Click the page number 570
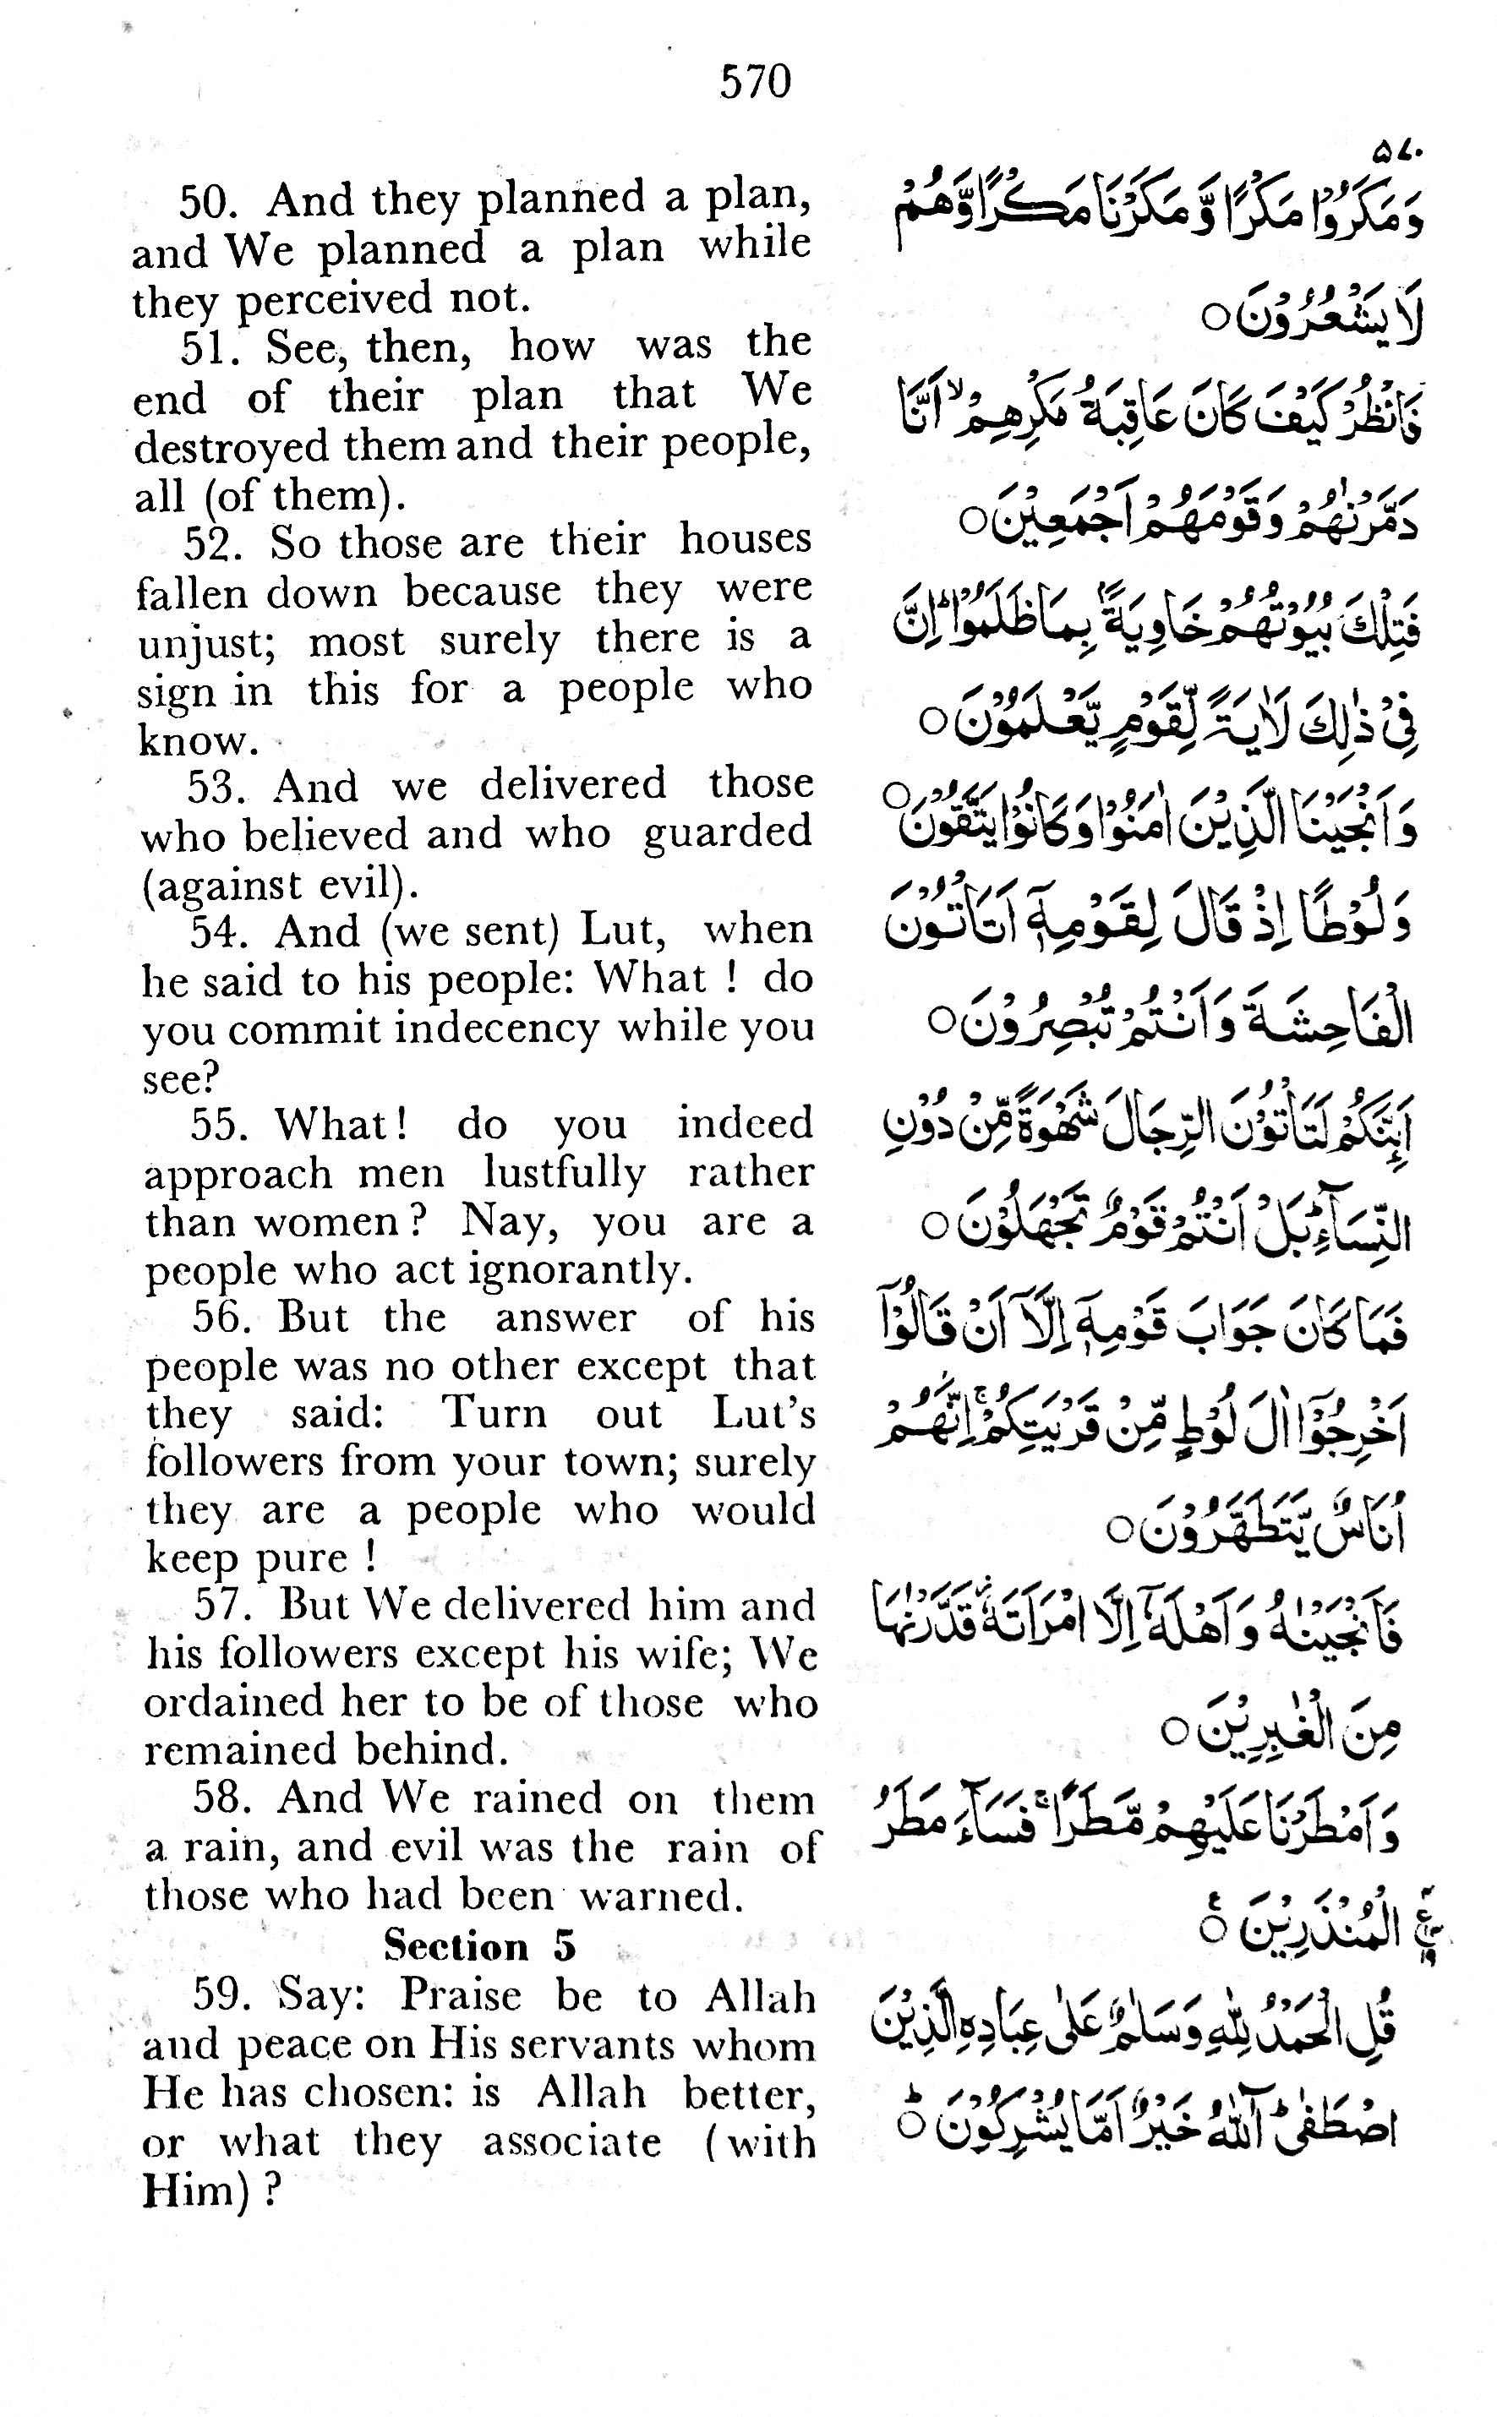point(756,81)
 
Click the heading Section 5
point(479,1947)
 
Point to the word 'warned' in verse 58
point(660,1896)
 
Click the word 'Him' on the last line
point(193,2191)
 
